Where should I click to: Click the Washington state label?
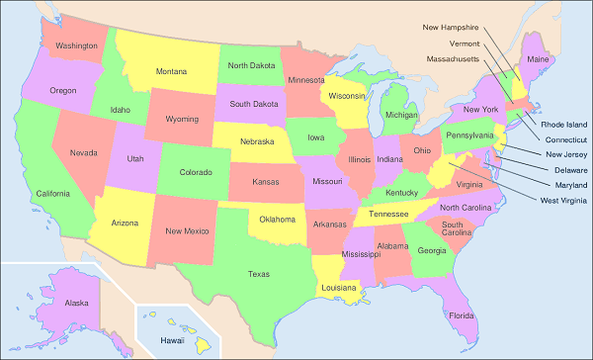click(76, 45)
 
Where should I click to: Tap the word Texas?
click(258, 273)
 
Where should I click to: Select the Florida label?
click(462, 315)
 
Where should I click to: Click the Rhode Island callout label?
click(564, 124)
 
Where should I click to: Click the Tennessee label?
click(389, 214)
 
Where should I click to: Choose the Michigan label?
click(402, 115)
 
